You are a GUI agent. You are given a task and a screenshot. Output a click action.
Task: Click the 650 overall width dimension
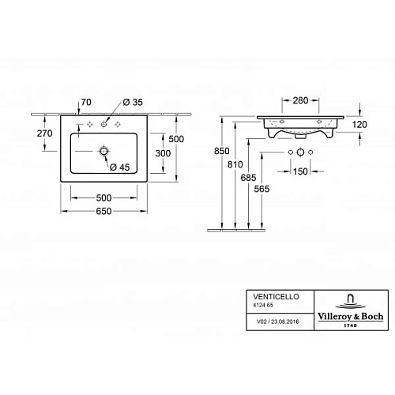click(104, 211)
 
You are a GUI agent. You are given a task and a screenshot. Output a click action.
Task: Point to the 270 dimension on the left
click(44, 134)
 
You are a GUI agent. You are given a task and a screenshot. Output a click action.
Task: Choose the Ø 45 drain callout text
click(120, 166)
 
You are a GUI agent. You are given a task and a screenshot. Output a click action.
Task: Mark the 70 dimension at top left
click(86, 103)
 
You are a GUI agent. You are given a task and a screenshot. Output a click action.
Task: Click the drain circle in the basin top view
click(103, 150)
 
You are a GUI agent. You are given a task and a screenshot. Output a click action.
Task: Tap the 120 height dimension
click(359, 125)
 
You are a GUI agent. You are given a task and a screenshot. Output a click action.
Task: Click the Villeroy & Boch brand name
click(351, 314)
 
